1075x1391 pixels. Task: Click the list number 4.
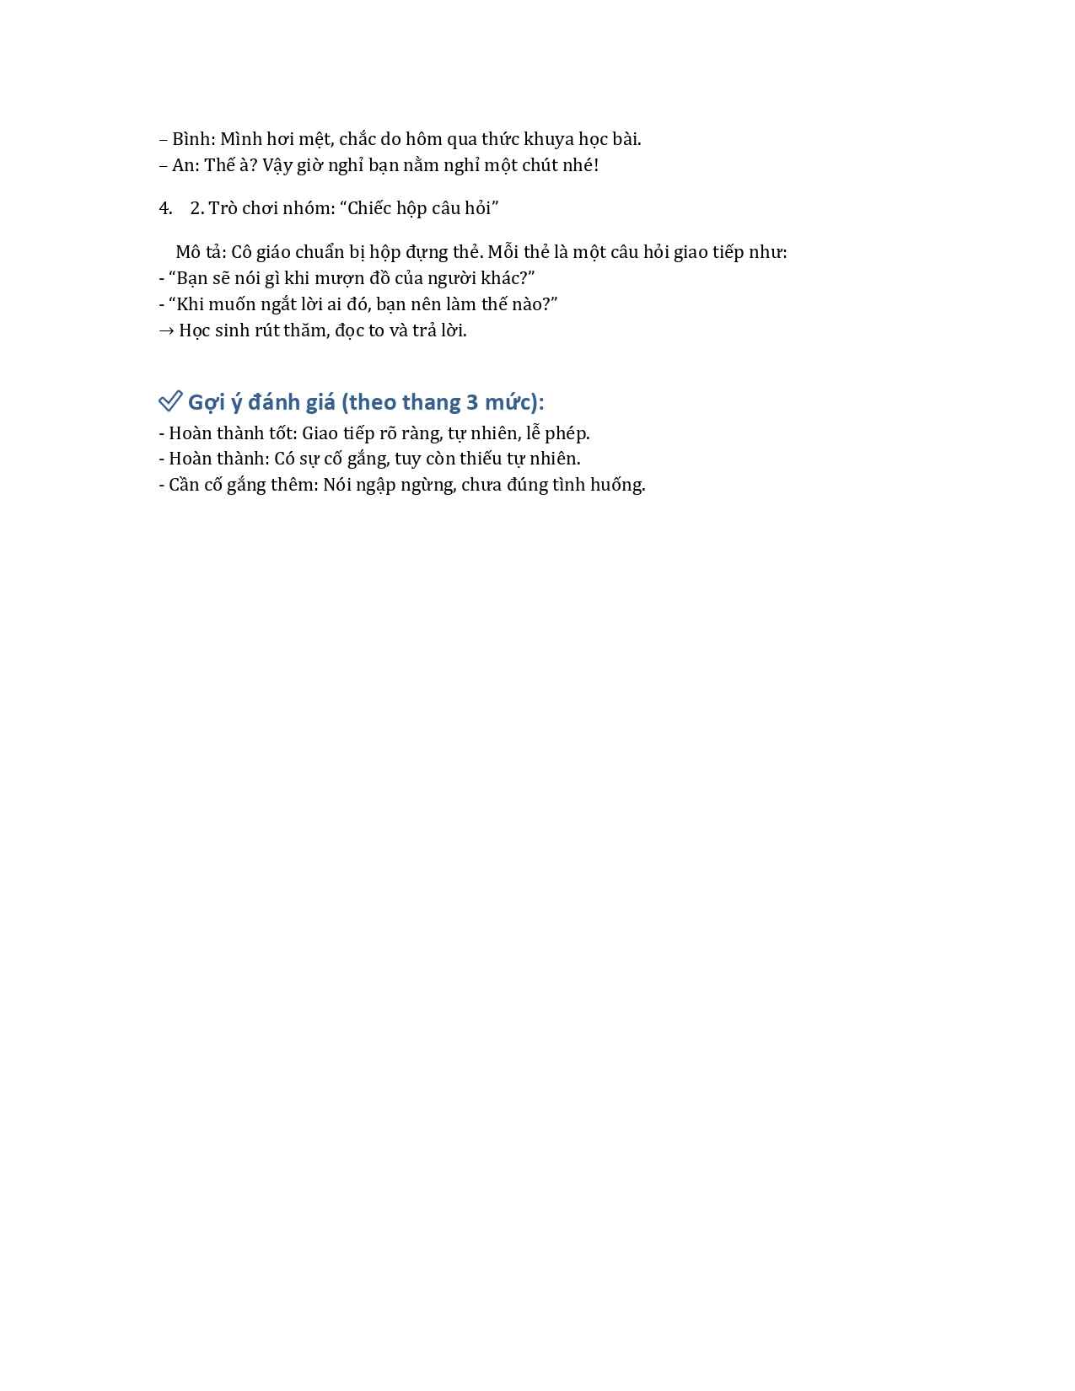tap(165, 208)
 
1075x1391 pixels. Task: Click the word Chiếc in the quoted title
tap(370, 208)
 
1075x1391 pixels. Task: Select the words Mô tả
tap(200, 252)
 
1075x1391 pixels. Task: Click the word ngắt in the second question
tap(261, 304)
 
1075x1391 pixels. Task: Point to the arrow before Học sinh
tap(166, 330)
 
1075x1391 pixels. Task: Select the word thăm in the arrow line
tap(304, 330)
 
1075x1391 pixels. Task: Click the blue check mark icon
tap(170, 401)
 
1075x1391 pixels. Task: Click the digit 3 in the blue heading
tap(473, 402)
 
